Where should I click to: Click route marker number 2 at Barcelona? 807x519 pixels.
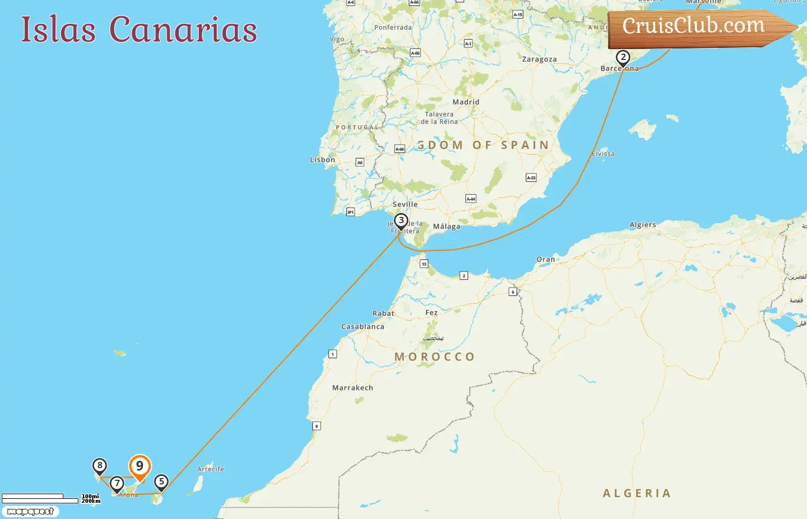623,58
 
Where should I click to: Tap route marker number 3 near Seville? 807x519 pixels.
401,221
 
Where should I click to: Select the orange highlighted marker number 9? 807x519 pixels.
139,467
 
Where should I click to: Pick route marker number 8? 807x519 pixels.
100,466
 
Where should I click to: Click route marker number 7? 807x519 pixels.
117,483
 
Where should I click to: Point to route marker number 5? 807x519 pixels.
161,482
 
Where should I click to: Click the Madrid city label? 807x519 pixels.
466,102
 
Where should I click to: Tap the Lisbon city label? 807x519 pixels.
322,160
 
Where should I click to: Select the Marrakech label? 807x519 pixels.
352,388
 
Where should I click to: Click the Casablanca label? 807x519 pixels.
363,326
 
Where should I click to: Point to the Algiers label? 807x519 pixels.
643,225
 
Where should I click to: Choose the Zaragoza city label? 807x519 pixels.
539,59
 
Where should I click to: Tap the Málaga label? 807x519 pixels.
447,227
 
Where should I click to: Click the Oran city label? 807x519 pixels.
545,259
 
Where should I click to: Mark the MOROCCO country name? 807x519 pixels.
435,357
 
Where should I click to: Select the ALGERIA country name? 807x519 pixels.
637,493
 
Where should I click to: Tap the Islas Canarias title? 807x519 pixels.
139,30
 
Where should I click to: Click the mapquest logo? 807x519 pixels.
30,512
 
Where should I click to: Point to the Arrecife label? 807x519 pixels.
210,469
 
